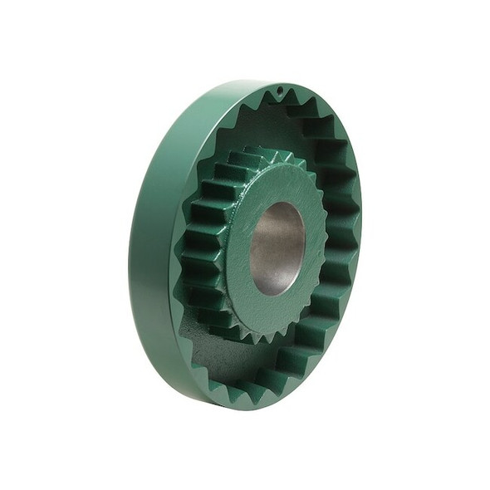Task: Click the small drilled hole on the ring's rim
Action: pos(280,89)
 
